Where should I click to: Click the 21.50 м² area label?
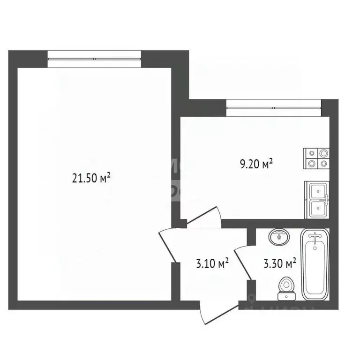91,178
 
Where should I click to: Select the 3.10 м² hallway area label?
212,263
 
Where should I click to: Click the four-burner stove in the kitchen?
317,158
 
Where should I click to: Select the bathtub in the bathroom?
315,264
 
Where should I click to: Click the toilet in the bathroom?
285,287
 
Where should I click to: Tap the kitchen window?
273,108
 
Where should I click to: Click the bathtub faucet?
315,237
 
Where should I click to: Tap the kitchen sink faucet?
325,200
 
